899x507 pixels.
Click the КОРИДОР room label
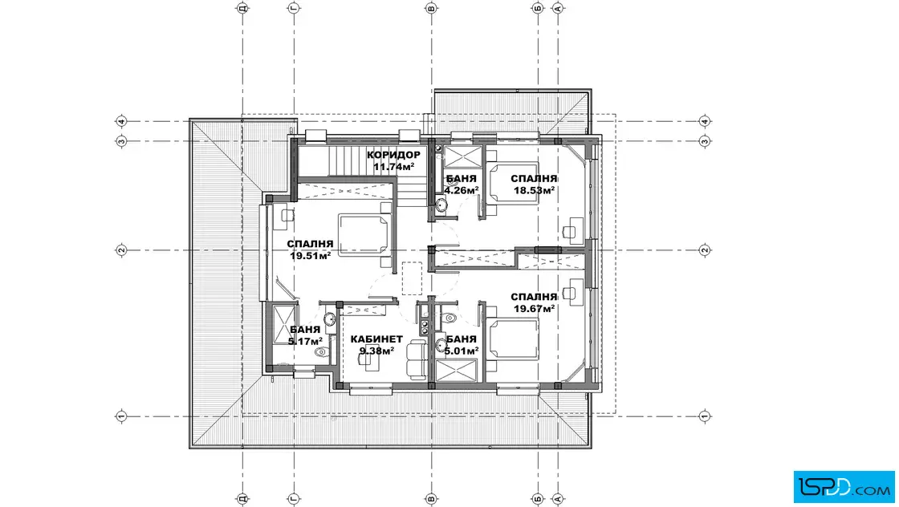[393, 155]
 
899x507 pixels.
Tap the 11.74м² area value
[394, 167]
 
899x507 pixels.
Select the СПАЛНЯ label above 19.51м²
[310, 244]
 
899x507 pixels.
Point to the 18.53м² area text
[534, 190]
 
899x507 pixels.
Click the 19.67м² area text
[534, 309]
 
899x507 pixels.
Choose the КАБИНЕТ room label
[376, 339]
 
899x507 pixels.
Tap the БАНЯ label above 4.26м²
[461, 179]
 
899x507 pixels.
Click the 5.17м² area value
[305, 342]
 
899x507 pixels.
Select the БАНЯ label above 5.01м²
[461, 339]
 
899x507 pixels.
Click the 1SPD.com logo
[844, 487]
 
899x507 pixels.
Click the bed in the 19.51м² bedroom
[364, 235]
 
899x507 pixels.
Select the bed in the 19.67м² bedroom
[513, 339]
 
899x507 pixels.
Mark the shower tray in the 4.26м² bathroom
[462, 157]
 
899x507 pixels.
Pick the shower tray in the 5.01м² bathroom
[457, 370]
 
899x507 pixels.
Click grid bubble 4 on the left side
[121, 121]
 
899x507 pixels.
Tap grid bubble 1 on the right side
[706, 416]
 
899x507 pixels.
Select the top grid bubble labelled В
[431, 8]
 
